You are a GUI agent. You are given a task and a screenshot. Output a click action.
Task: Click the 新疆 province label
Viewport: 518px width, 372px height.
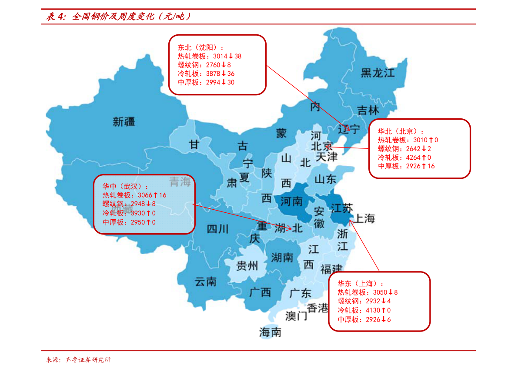click(x=124, y=122)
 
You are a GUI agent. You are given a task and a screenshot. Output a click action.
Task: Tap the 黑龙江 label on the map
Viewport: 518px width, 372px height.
click(x=378, y=73)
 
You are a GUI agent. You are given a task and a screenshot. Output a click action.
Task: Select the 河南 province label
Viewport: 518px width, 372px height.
click(x=291, y=201)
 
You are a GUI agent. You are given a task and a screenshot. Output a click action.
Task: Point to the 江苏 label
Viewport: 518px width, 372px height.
click(x=342, y=208)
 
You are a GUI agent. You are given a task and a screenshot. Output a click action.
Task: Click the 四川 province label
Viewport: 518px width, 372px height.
click(x=217, y=229)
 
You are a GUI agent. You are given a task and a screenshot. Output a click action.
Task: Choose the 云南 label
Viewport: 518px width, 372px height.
click(x=205, y=282)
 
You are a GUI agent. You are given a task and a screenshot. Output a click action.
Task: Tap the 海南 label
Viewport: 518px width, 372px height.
click(x=270, y=333)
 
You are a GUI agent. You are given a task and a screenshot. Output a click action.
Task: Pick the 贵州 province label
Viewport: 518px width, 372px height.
click(x=247, y=266)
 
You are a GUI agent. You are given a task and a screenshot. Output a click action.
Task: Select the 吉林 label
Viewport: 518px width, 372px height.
click(x=368, y=111)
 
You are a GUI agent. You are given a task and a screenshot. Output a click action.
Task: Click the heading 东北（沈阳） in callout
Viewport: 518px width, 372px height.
click(x=201, y=47)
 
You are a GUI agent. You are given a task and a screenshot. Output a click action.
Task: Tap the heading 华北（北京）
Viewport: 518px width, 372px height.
click(x=401, y=131)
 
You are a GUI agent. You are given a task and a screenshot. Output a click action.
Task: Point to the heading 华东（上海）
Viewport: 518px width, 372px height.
click(x=361, y=283)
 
